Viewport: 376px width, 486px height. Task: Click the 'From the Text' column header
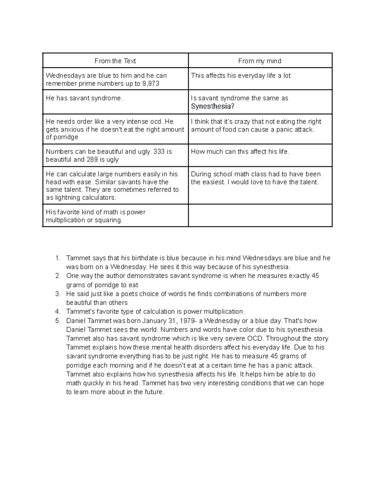(115, 61)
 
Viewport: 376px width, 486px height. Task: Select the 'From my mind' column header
(259, 61)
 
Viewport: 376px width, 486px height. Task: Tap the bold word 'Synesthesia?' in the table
(212, 106)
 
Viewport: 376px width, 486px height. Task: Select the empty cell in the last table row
(260, 215)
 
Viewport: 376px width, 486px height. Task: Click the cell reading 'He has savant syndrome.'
(84, 98)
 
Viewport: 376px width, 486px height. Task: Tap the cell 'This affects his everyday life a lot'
(241, 76)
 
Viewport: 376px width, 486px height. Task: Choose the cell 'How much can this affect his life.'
(240, 152)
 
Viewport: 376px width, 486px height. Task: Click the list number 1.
(57, 258)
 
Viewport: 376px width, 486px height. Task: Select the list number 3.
(57, 294)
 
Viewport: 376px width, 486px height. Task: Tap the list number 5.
(57, 321)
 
